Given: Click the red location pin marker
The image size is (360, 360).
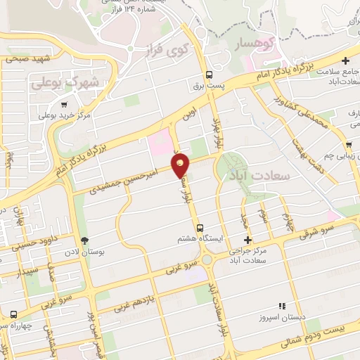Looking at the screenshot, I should tap(181, 165).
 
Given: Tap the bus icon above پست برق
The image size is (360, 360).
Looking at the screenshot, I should tap(209, 75).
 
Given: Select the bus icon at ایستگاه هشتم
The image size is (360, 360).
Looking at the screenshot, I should tap(200, 228).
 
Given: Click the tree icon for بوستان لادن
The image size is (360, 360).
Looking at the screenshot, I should tap(84, 241).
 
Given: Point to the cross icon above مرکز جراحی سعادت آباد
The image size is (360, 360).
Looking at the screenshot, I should tap(246, 240).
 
